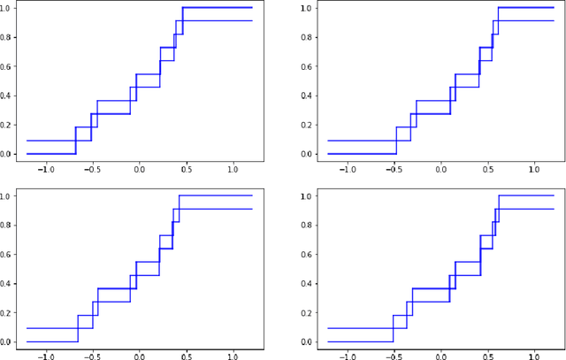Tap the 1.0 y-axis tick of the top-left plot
8,8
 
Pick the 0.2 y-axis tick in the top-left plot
8,125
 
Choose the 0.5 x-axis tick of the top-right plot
487,169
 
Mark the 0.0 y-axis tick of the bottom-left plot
8,341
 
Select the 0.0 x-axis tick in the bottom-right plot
441,356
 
